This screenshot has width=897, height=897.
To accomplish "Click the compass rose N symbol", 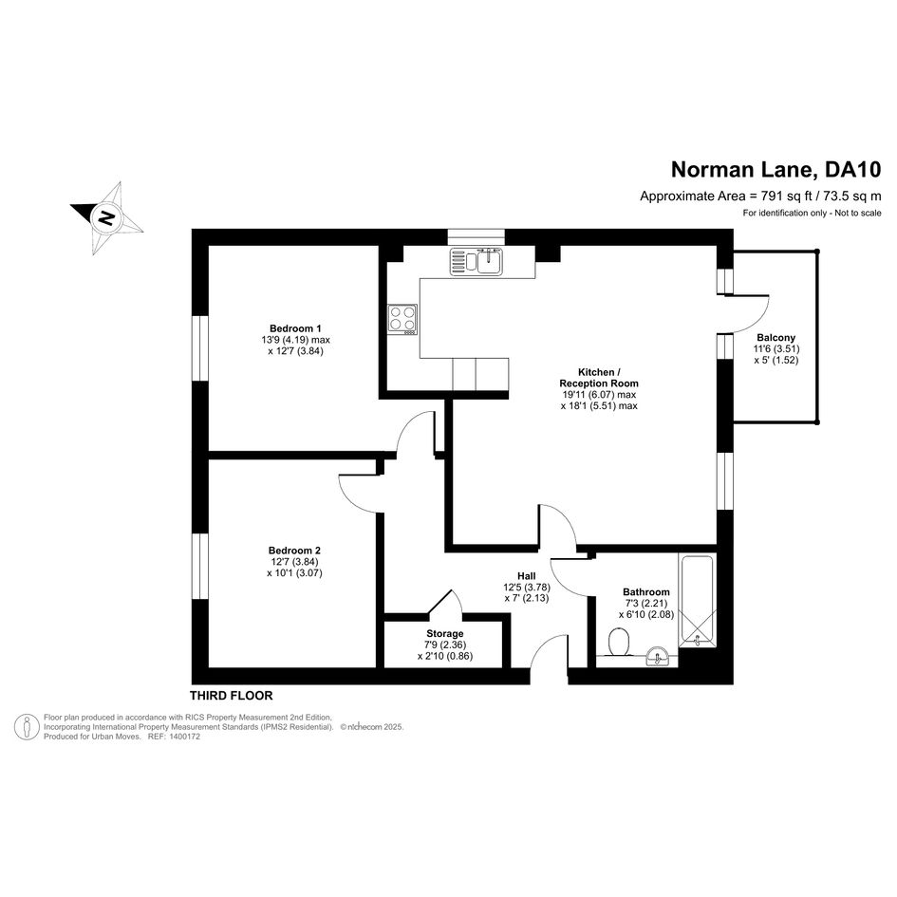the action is pyautogui.click(x=105, y=218).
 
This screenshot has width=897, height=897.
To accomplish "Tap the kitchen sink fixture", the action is pyautogui.click(x=476, y=262).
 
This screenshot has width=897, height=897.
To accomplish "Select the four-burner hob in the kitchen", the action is pyautogui.click(x=402, y=319).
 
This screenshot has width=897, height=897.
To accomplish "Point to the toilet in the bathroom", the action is pyautogui.click(x=618, y=642).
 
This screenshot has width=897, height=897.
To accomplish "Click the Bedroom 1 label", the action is pyautogui.click(x=295, y=328).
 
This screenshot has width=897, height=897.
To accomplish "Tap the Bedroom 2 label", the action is pyautogui.click(x=294, y=551).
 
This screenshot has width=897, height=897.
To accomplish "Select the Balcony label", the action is pyautogui.click(x=776, y=338).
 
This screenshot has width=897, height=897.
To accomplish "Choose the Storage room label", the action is pyautogui.click(x=444, y=633).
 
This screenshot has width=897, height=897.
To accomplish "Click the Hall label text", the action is pyautogui.click(x=526, y=575).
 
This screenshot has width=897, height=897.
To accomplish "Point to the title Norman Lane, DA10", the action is pyautogui.click(x=776, y=170).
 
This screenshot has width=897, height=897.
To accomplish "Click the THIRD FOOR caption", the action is pyautogui.click(x=231, y=696).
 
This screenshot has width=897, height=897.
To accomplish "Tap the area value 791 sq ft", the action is pyautogui.click(x=787, y=196).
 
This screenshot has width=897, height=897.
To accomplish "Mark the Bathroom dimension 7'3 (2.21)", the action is pyautogui.click(x=646, y=603).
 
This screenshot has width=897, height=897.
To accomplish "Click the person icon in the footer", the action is pyautogui.click(x=27, y=726).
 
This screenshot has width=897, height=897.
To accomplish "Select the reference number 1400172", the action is pyautogui.click(x=183, y=737).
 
